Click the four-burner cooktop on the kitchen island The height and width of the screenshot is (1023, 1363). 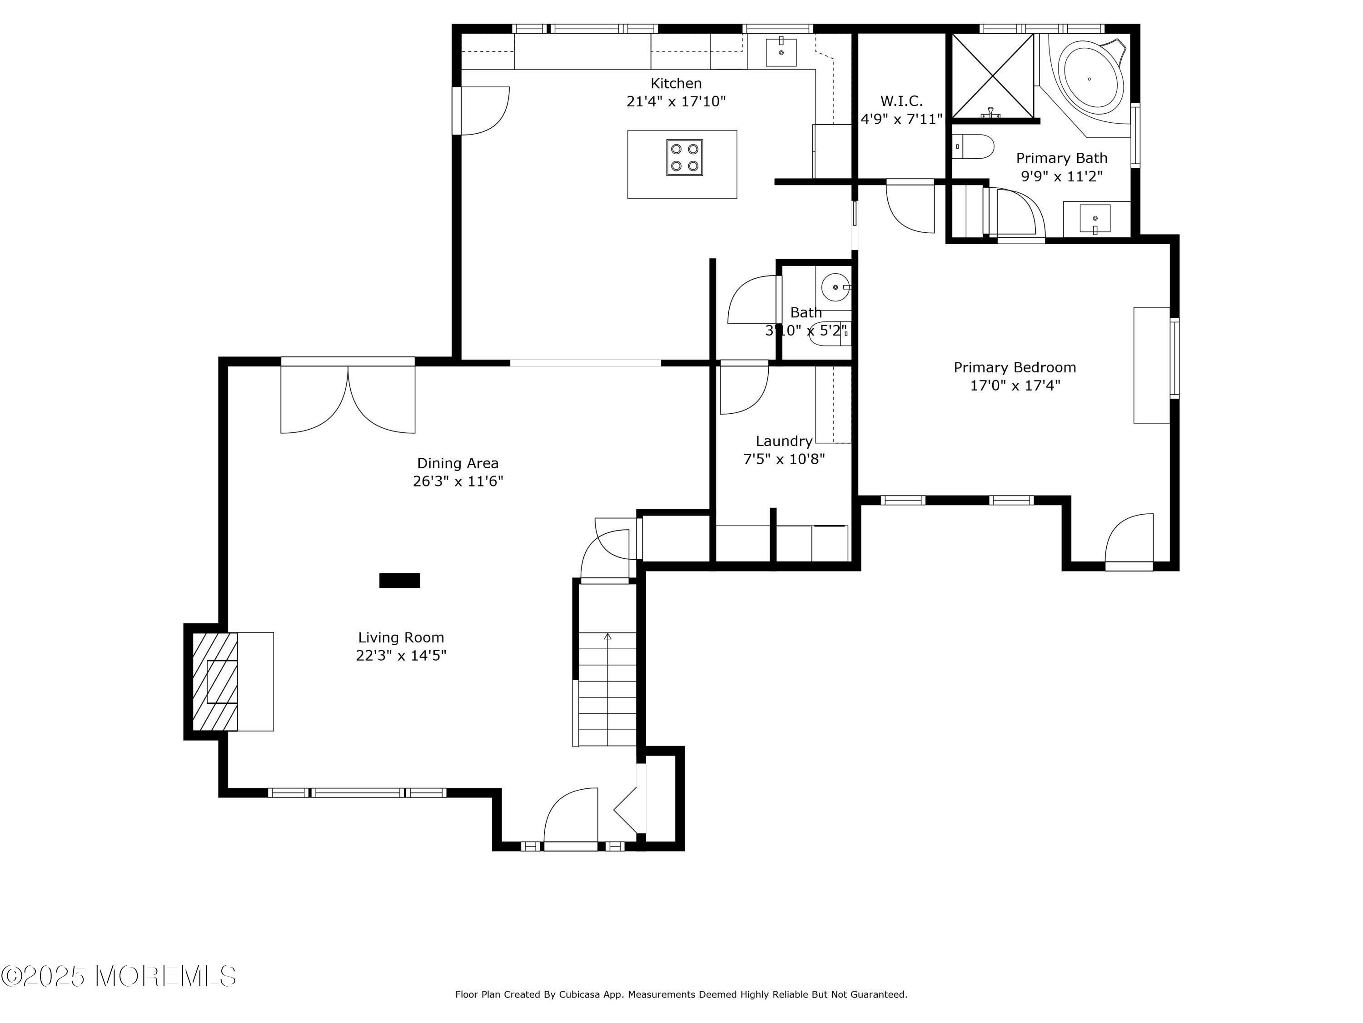point(684,158)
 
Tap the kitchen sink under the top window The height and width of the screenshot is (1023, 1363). point(781,52)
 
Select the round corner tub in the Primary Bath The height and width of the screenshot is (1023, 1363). point(1089,79)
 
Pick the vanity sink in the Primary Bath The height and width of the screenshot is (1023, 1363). point(1095,218)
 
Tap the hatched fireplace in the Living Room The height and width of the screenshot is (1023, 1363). point(215,682)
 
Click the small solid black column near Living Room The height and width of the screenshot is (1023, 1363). point(399,580)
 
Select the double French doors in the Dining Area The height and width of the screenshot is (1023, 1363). point(348,398)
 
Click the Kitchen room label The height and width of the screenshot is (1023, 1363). point(676,83)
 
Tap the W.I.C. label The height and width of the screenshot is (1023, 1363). point(901,101)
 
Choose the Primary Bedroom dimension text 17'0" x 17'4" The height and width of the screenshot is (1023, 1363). point(1015,386)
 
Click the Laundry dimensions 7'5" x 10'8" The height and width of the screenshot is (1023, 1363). point(784,459)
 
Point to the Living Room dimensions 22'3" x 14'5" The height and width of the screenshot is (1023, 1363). point(401,655)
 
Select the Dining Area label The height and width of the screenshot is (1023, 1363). point(458,463)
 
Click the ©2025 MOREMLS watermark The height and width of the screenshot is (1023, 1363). point(118,976)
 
